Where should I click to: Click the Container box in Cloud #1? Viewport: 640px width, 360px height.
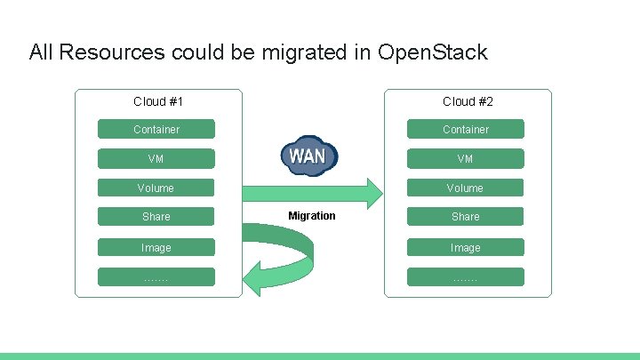tap(156, 130)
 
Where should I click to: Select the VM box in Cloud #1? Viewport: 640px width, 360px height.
tap(156, 159)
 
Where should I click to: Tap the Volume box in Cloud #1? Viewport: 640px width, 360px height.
tap(156, 188)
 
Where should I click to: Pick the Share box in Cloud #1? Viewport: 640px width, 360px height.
tap(156, 217)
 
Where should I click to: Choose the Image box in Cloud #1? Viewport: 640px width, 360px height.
tap(156, 248)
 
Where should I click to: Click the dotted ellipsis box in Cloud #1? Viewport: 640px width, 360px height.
tap(156, 277)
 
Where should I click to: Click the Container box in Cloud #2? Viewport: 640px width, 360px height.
tap(466, 130)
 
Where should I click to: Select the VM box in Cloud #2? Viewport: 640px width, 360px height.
tap(466, 159)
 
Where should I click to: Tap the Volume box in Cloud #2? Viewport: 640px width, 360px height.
tap(466, 188)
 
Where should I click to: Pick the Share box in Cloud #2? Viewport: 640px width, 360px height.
tap(466, 217)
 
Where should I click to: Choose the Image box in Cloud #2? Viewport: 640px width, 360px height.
tap(466, 248)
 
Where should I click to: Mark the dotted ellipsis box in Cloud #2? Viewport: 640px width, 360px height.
tap(466, 277)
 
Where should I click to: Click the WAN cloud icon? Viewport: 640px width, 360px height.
tap(308, 156)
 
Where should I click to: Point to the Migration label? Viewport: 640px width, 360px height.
tap(312, 216)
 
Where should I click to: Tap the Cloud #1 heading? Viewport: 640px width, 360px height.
tap(158, 101)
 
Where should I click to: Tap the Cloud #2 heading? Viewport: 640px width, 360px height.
tap(468, 101)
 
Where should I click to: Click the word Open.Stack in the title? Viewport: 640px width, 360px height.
tap(432, 52)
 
